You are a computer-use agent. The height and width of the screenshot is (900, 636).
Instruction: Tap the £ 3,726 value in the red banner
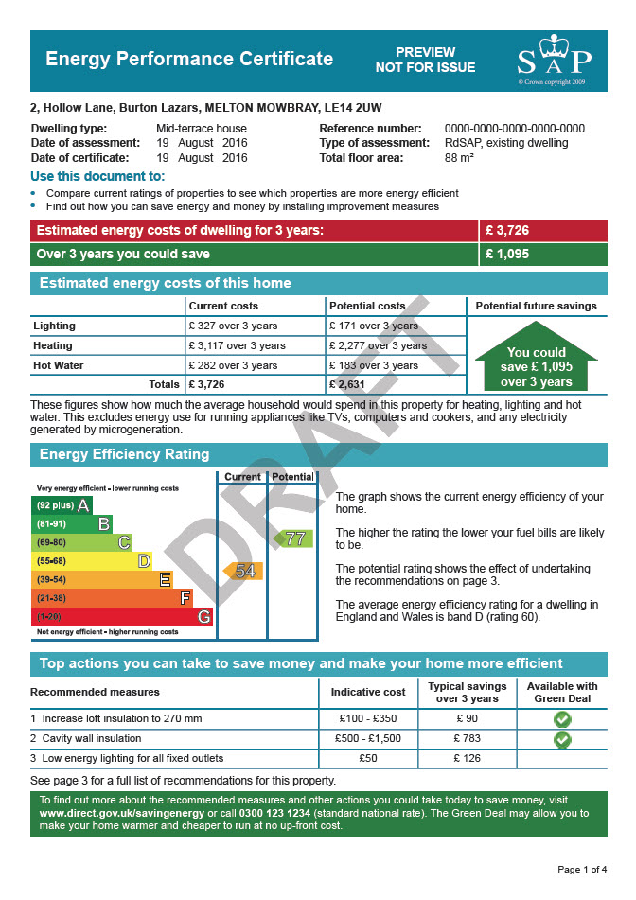click(x=506, y=230)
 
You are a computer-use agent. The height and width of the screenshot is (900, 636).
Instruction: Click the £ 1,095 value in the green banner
click(x=506, y=254)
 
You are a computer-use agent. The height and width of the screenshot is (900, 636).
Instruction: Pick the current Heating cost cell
click(x=237, y=345)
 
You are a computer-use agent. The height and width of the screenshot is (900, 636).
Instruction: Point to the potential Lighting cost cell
click(x=373, y=326)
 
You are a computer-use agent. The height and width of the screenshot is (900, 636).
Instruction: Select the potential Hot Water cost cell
click(x=373, y=365)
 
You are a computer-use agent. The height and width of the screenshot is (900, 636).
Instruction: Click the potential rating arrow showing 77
click(x=292, y=538)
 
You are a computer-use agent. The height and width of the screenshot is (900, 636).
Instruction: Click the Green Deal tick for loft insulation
click(x=562, y=719)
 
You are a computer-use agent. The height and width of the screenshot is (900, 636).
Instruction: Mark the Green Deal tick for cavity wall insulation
click(x=562, y=739)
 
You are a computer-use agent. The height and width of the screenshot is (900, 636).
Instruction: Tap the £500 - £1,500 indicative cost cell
click(x=367, y=738)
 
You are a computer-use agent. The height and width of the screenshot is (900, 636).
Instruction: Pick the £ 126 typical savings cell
click(x=468, y=758)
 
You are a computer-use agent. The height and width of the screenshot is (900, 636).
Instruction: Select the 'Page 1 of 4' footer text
click(x=582, y=869)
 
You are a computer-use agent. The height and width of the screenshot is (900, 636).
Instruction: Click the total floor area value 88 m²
click(x=459, y=158)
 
